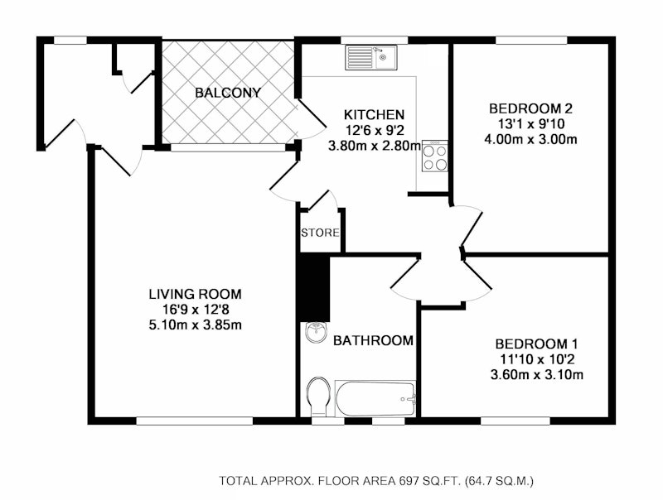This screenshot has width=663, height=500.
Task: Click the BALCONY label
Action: click(227, 93)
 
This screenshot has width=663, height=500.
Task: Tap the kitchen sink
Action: click(371, 57)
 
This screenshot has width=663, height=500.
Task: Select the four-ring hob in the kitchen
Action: click(434, 156)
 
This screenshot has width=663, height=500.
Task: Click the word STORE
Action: click(320, 233)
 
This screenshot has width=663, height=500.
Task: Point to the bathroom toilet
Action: click(319, 397)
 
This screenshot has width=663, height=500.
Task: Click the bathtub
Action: click(375, 399)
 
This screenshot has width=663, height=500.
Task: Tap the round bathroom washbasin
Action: click(316, 332)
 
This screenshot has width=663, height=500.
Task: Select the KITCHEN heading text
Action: click(374, 115)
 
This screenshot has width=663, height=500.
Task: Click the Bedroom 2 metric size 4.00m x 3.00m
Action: click(530, 139)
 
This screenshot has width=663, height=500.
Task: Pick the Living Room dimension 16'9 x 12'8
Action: click(196, 310)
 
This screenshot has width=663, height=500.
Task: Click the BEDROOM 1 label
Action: click(536, 344)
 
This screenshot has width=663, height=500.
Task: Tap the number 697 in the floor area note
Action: click(409, 481)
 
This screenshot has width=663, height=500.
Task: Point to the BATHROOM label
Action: click(373, 340)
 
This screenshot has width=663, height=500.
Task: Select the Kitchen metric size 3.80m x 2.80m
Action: click(375, 147)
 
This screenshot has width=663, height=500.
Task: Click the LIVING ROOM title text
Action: click(196, 294)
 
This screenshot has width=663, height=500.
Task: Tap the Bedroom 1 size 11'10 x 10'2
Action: click(537, 359)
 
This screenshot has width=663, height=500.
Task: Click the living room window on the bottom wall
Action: click(195, 421)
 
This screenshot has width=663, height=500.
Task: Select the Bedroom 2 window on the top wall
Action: click(531, 40)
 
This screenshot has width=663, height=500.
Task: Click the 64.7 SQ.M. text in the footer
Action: click(499, 481)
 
